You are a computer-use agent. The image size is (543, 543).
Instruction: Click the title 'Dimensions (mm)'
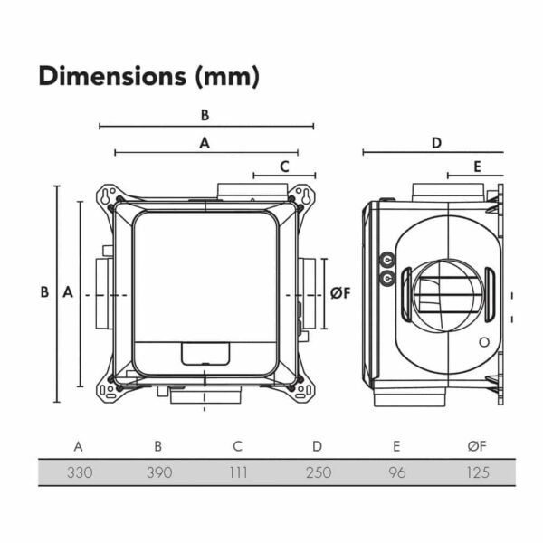pyautogui.click(x=148, y=77)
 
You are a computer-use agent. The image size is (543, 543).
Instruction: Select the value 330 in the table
pyautogui.click(x=79, y=472)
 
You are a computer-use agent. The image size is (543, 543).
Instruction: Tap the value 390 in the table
pyautogui.click(x=158, y=472)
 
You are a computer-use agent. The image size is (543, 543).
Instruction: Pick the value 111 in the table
pyautogui.click(x=237, y=472)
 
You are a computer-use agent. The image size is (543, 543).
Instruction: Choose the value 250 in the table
pyautogui.click(x=317, y=472)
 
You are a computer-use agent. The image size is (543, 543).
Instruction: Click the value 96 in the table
pyautogui.click(x=396, y=472)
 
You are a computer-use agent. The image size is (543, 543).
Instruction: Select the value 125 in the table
pyautogui.click(x=476, y=472)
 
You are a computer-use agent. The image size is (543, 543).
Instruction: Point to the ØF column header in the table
pyautogui.click(x=476, y=446)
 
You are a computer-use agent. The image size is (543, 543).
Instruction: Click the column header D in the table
pyautogui.click(x=317, y=446)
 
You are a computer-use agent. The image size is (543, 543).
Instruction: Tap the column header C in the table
pyautogui.click(x=237, y=446)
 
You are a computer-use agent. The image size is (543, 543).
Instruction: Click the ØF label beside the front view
pyautogui.click(x=339, y=292)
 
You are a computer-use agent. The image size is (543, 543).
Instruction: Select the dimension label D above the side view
pyautogui.click(x=436, y=143)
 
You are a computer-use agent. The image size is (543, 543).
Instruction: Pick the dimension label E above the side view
pyautogui.click(x=476, y=167)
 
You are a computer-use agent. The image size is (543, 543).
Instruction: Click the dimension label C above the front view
pyautogui.click(x=284, y=167)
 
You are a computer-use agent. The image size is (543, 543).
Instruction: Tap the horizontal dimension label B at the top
pyautogui.click(x=205, y=115)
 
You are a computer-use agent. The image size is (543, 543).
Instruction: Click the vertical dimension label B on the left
pyautogui.click(x=43, y=292)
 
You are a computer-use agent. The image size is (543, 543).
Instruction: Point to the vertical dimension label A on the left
pyautogui.click(x=67, y=292)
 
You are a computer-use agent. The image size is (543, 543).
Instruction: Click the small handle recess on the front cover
pyautogui.click(x=205, y=352)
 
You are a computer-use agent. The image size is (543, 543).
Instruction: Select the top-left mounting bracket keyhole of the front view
pyautogui.click(x=109, y=195)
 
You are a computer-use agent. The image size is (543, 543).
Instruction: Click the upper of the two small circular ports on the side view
pyautogui.click(x=387, y=258)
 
